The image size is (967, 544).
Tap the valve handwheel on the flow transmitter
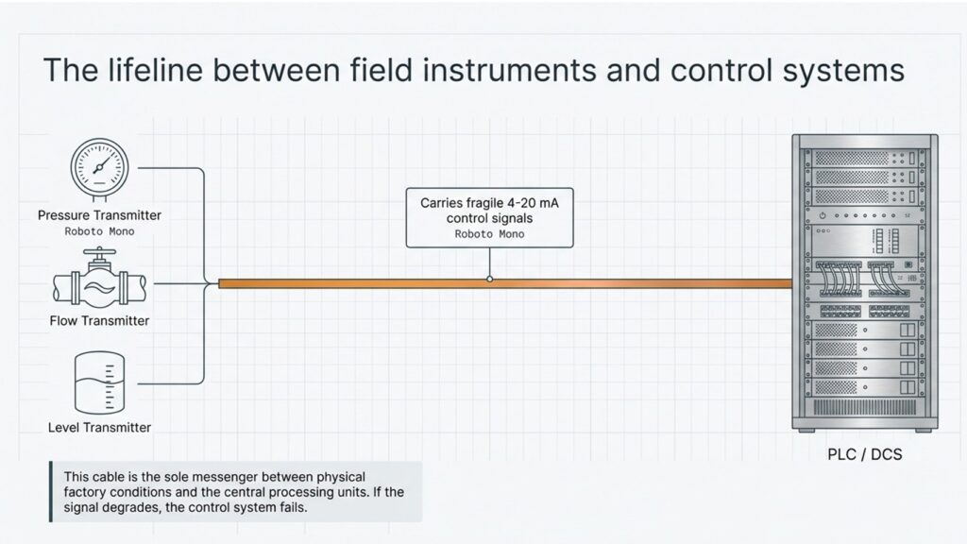[x=99, y=251]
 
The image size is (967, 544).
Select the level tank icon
[x=99, y=382]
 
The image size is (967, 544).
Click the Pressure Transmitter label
[x=99, y=215]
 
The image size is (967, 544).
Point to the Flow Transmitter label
[x=99, y=321]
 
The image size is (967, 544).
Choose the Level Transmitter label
[x=99, y=428]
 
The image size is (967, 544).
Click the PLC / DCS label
[x=865, y=454]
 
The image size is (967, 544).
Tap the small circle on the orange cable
[x=490, y=280]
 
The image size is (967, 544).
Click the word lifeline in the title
[x=156, y=70]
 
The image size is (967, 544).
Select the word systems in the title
[x=843, y=71]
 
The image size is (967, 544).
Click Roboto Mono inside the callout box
[x=490, y=234]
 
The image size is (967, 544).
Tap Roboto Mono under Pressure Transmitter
[x=99, y=232]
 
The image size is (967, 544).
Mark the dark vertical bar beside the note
[x=51, y=491]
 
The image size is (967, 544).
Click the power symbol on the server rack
[x=823, y=216]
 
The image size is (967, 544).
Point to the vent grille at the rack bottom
[x=865, y=407]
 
